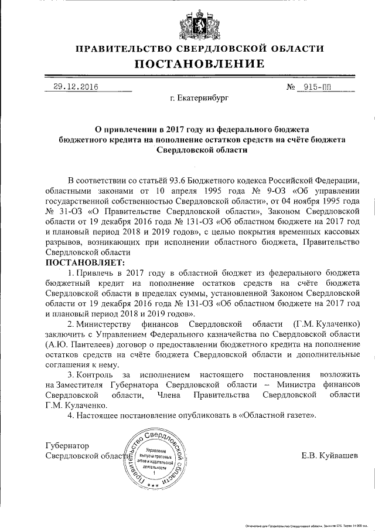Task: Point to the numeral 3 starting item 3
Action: pyautogui.click(x=70, y=374)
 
